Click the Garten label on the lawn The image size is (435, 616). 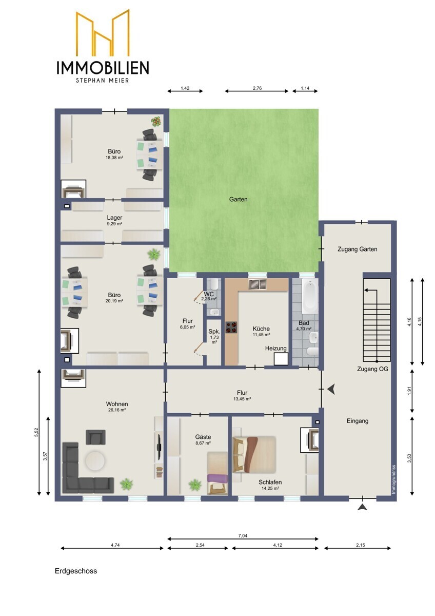point(238,199)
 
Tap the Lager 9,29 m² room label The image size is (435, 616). point(114,220)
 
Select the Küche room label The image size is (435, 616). point(261,329)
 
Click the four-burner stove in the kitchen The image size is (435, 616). point(231,328)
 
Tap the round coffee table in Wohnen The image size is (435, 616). point(94,460)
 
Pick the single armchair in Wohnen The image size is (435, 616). point(95,437)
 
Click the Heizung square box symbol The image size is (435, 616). point(281,359)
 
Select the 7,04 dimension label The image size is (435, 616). point(243,535)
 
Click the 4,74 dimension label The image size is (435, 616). point(115,545)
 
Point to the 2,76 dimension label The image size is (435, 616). point(257,88)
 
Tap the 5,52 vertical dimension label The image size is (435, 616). point(36,432)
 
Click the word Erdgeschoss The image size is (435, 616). point(76,571)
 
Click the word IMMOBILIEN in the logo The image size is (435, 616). point(103,68)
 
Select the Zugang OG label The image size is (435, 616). point(372,369)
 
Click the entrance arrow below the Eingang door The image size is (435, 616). point(362,507)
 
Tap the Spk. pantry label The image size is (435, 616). point(214,332)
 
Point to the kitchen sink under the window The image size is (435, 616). point(258,284)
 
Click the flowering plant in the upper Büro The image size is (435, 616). point(156,121)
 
